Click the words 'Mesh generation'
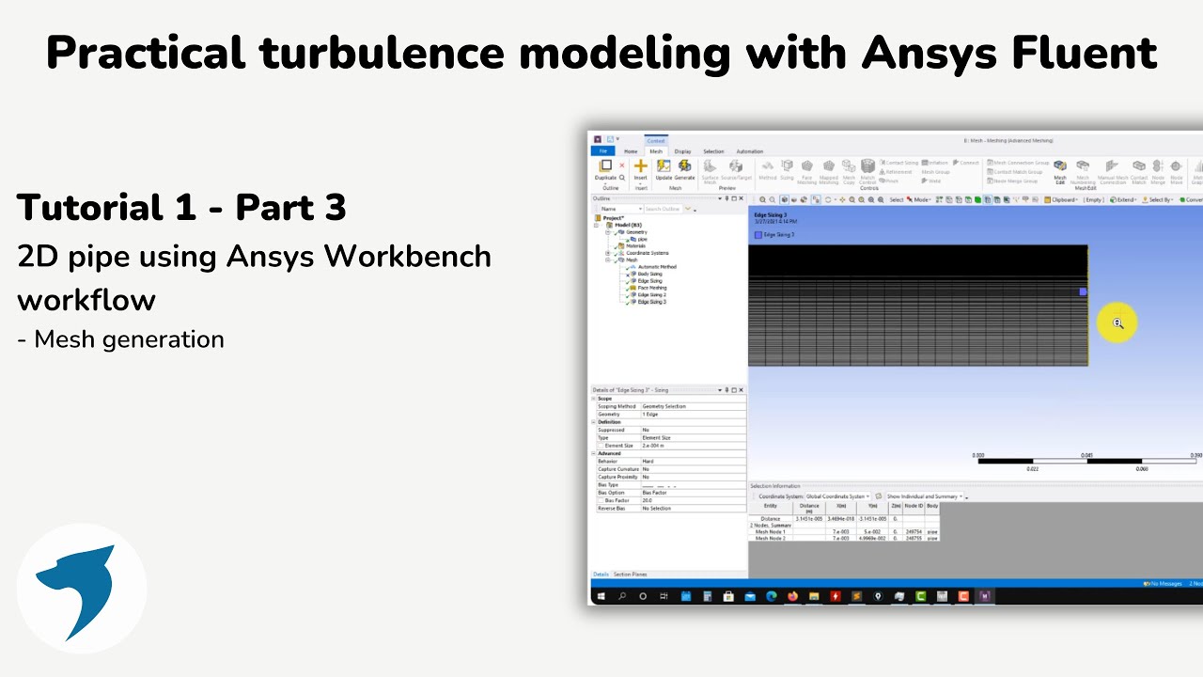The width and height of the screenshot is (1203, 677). pos(129,339)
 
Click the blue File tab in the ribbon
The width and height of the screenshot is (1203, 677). pos(602,151)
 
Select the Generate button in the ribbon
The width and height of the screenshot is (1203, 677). pos(684,169)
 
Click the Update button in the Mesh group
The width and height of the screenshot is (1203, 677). pos(664,169)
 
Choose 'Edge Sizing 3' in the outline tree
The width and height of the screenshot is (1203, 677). pos(651,302)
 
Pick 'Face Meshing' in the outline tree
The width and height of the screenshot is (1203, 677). pos(651,288)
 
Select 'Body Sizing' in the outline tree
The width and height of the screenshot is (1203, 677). pos(649,274)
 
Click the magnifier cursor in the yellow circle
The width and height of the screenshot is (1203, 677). pos(1117,323)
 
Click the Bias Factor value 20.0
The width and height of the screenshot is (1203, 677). pos(648,500)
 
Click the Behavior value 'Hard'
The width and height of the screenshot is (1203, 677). pos(648,462)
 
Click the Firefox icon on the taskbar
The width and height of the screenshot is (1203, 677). pos(793,596)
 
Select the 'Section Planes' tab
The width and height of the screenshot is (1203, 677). pos(631,574)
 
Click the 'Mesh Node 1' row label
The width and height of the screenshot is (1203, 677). pos(771,531)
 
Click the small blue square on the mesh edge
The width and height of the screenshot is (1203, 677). pos(1083,292)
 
